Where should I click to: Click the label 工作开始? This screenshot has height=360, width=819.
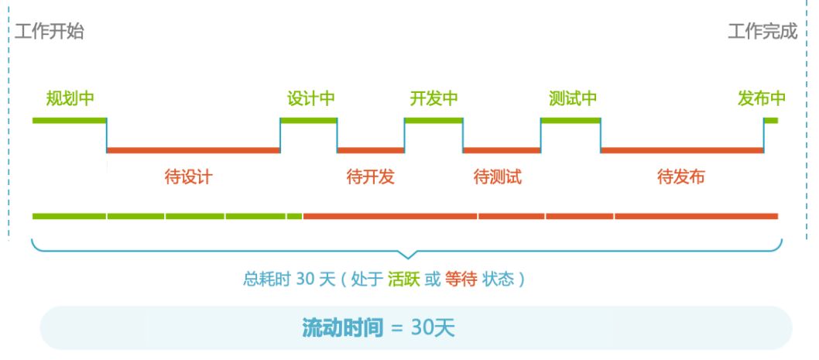point(49,32)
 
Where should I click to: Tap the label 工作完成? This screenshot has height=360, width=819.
point(762,32)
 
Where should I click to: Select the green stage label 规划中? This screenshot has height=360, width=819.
point(70,99)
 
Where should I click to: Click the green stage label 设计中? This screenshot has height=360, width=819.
point(311,99)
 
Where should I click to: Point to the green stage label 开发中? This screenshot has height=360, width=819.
point(433,99)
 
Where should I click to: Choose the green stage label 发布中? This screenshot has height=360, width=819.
point(762,99)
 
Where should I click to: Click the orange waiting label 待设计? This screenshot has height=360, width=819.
point(188,177)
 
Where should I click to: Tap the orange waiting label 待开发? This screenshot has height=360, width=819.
point(371,177)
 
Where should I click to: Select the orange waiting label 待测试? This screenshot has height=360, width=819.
point(498,177)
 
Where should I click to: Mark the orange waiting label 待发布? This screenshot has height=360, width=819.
point(681,177)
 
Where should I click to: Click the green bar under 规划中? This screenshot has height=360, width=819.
point(69,120)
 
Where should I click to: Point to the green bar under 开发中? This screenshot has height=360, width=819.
point(433,120)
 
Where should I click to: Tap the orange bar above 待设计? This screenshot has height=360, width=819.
point(193,149)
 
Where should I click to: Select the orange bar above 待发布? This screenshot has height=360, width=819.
point(682,149)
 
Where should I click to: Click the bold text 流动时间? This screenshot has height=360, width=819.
point(343,327)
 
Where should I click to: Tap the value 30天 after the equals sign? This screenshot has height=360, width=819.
point(433,327)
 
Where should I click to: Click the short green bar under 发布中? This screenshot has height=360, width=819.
point(771,120)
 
